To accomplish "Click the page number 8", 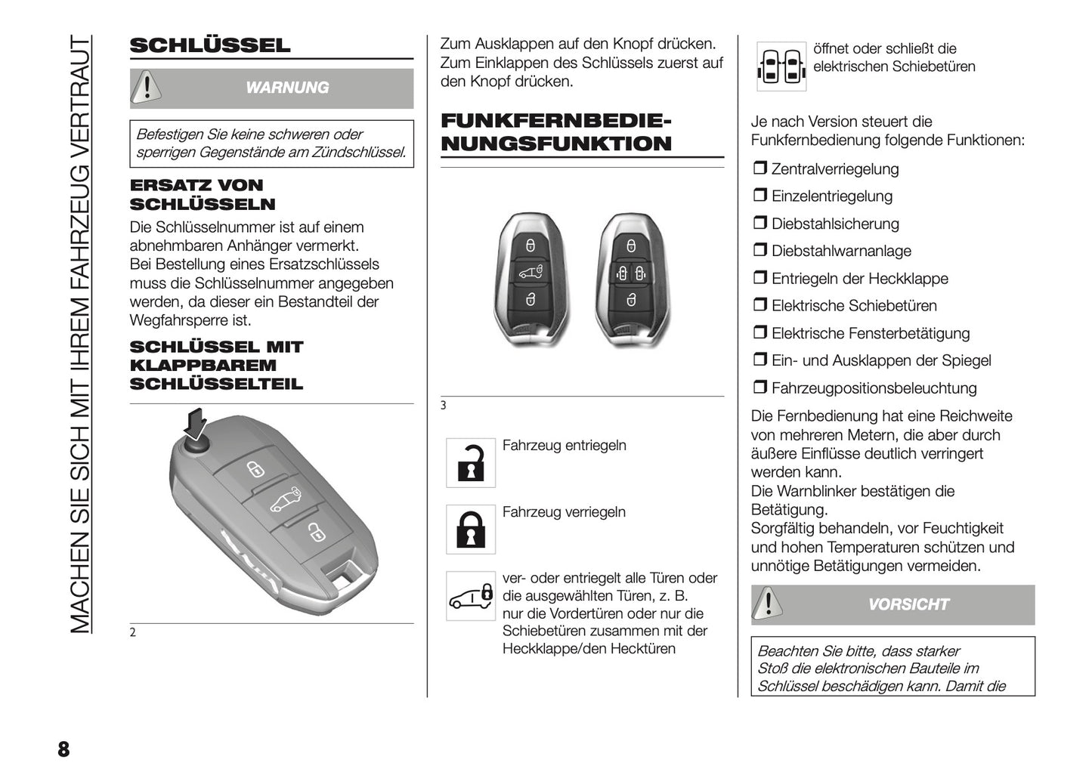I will (63, 749).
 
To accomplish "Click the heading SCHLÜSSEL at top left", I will (209, 45).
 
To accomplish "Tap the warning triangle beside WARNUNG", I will (146, 88).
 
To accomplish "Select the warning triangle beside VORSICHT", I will (768, 604).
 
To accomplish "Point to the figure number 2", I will (133, 633).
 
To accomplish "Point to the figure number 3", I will (444, 406).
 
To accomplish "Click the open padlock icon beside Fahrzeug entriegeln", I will (471, 462).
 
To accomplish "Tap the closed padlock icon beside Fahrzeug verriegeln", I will (471, 529).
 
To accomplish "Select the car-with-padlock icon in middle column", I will (471, 595).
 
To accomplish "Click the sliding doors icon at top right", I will (781, 66).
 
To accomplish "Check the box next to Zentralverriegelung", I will (759, 169).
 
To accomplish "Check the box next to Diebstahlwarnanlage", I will (759, 251).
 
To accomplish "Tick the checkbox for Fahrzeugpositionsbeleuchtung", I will (759, 388).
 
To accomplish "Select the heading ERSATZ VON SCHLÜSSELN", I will (203, 195).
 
